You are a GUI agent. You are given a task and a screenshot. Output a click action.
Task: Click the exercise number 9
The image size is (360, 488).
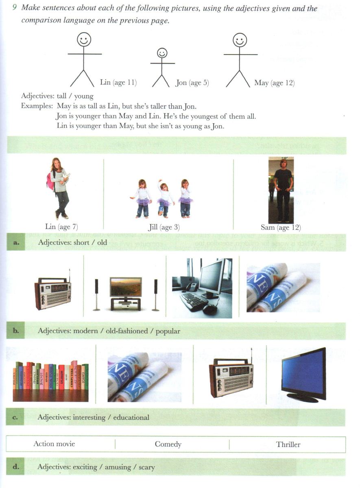click(x=14, y=8)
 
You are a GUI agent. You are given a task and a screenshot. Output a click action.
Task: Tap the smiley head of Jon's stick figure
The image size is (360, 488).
click(x=162, y=53)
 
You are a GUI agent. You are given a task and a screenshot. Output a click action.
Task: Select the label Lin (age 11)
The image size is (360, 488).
click(x=118, y=83)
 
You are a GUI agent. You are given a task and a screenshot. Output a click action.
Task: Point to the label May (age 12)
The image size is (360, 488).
click(x=274, y=83)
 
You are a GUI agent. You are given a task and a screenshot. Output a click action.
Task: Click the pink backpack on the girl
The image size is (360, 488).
click(x=50, y=181)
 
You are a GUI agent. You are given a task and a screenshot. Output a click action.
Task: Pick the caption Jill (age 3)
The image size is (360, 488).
click(x=164, y=227)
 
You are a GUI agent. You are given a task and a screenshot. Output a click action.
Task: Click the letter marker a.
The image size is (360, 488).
click(x=17, y=243)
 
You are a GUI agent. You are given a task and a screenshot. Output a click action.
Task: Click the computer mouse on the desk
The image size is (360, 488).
click(x=210, y=309)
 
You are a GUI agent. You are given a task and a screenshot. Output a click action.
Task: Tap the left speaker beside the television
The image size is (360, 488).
click(x=97, y=294)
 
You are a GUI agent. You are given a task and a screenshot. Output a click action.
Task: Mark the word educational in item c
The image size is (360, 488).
click(x=131, y=417)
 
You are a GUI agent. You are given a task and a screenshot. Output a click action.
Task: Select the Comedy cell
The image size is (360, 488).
click(x=168, y=444)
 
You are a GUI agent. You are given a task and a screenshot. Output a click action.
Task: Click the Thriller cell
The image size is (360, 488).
click(x=288, y=444)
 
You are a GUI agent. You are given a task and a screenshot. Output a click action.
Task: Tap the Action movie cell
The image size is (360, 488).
click(x=54, y=444)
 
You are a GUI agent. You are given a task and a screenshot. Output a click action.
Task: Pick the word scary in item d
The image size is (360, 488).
click(x=146, y=467)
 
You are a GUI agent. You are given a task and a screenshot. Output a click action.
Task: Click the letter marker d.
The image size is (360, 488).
click(x=16, y=467)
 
